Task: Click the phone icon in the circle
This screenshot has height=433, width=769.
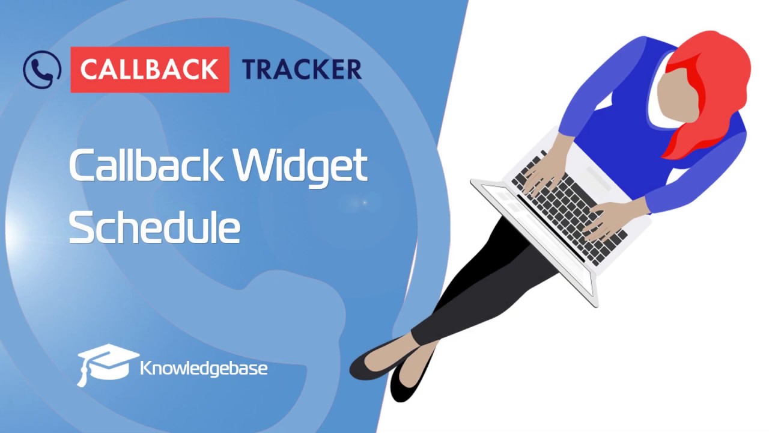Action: click(x=42, y=69)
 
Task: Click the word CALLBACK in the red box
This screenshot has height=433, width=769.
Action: click(x=150, y=70)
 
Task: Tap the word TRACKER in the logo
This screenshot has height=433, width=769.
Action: click(x=302, y=70)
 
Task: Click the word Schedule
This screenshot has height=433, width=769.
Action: click(x=154, y=227)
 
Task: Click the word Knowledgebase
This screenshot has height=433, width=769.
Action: click(x=204, y=367)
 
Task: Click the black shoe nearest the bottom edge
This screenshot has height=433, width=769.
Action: click(x=409, y=385)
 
